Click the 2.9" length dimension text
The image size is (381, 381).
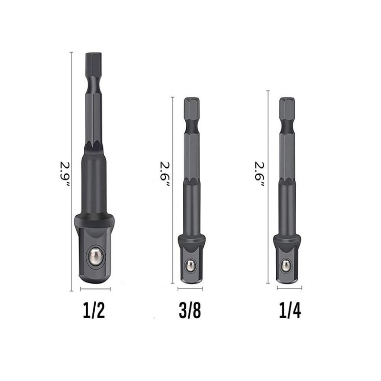pyautogui.click(x=65, y=174)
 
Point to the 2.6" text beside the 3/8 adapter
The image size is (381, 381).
pyautogui.click(x=165, y=174)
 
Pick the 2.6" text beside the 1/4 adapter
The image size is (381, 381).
pyautogui.click(x=260, y=174)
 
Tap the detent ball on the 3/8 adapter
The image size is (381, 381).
pyautogui.click(x=190, y=265)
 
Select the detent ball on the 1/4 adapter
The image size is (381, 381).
pyautogui.click(x=286, y=265)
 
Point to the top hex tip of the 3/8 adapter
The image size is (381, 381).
pyautogui.click(x=191, y=107)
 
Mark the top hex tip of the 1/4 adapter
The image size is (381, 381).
pyautogui.click(x=287, y=107)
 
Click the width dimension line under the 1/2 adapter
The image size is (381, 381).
pyautogui.click(x=95, y=289)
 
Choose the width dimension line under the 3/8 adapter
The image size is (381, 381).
pyautogui.click(x=190, y=289)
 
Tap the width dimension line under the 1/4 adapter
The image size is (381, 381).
pyautogui.click(x=289, y=288)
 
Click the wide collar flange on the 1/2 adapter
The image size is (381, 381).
pyautogui.click(x=94, y=220)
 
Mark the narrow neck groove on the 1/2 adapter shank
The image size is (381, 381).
pyautogui.click(x=94, y=86)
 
